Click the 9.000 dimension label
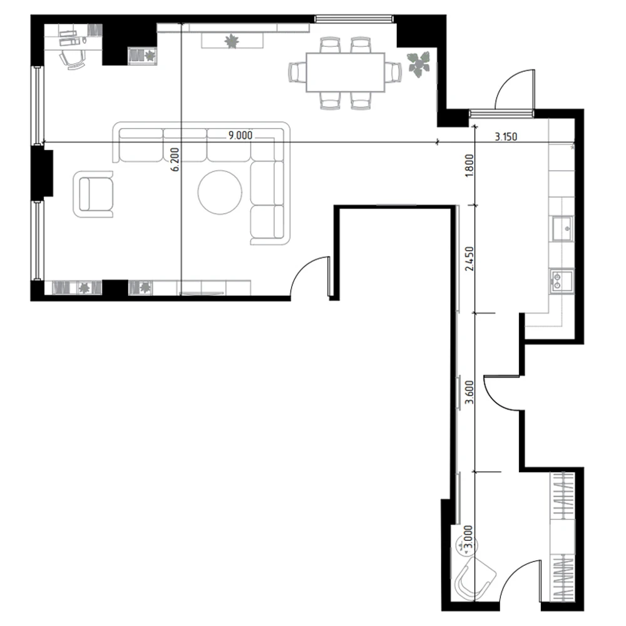(x=240, y=136)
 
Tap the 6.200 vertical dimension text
(x=175, y=159)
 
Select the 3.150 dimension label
(x=506, y=136)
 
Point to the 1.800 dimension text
(x=469, y=166)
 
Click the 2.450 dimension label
(x=469, y=259)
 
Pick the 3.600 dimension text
(x=469, y=393)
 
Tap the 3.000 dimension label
(x=469, y=538)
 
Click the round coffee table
(x=220, y=192)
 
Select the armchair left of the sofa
(x=93, y=195)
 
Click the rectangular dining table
(x=346, y=72)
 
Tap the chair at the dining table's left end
(x=297, y=72)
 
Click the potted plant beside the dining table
(x=419, y=63)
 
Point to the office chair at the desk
(x=72, y=60)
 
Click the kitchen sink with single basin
(x=563, y=228)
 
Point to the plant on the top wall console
(x=231, y=41)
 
